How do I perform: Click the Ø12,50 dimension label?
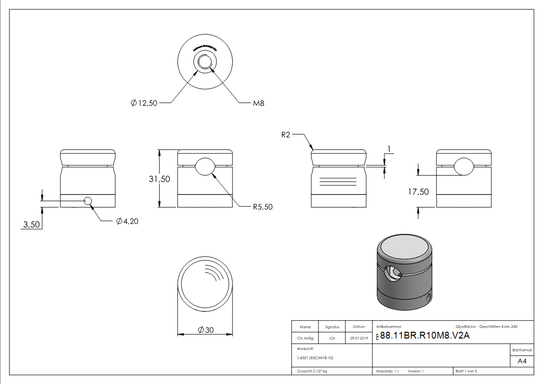[144, 103]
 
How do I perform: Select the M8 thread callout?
[258, 103]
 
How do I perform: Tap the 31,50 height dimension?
[159, 178]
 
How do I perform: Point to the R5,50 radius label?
[263, 207]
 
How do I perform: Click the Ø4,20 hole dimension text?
[127, 222]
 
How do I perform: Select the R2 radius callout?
[286, 135]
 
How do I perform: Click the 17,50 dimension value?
[418, 192]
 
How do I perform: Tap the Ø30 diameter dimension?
[206, 330]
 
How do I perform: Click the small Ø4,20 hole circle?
[88, 201]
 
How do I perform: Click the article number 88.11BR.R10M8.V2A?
[425, 336]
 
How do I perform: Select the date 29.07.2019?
[359, 339]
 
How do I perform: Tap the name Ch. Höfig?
[305, 339]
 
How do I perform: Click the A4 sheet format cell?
[522, 361]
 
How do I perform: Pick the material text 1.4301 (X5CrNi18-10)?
[315, 358]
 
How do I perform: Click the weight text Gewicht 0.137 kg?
[312, 371]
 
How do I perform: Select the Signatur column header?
[332, 327]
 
